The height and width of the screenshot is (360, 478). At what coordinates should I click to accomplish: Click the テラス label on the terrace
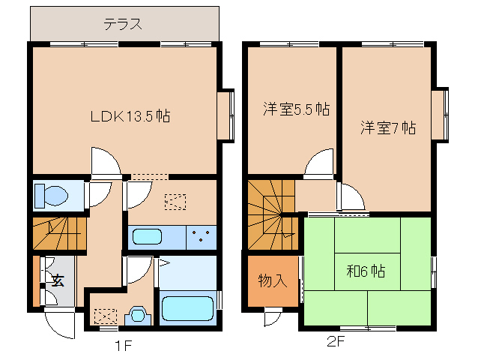pos(123,23)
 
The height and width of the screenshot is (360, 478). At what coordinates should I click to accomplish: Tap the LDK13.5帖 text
pos(130,116)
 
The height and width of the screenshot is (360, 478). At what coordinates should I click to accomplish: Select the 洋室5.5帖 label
pos(296,109)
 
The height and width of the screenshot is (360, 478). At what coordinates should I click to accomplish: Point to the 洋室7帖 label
pos(386,127)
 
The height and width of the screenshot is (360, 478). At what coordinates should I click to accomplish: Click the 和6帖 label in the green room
pos(365,271)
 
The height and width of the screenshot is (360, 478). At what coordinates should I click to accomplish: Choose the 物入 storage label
pos(272,281)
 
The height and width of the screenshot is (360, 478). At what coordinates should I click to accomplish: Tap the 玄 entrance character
pos(57,281)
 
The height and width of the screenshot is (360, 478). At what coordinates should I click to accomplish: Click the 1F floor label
pos(124,346)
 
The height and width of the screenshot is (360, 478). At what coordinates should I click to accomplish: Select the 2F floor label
pos(334,344)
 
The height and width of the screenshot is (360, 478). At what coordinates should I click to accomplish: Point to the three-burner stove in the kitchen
pos(200,237)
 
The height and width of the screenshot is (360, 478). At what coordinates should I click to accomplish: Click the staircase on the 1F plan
pos(58,232)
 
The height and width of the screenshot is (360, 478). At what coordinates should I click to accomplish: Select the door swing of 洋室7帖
pos(350,197)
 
